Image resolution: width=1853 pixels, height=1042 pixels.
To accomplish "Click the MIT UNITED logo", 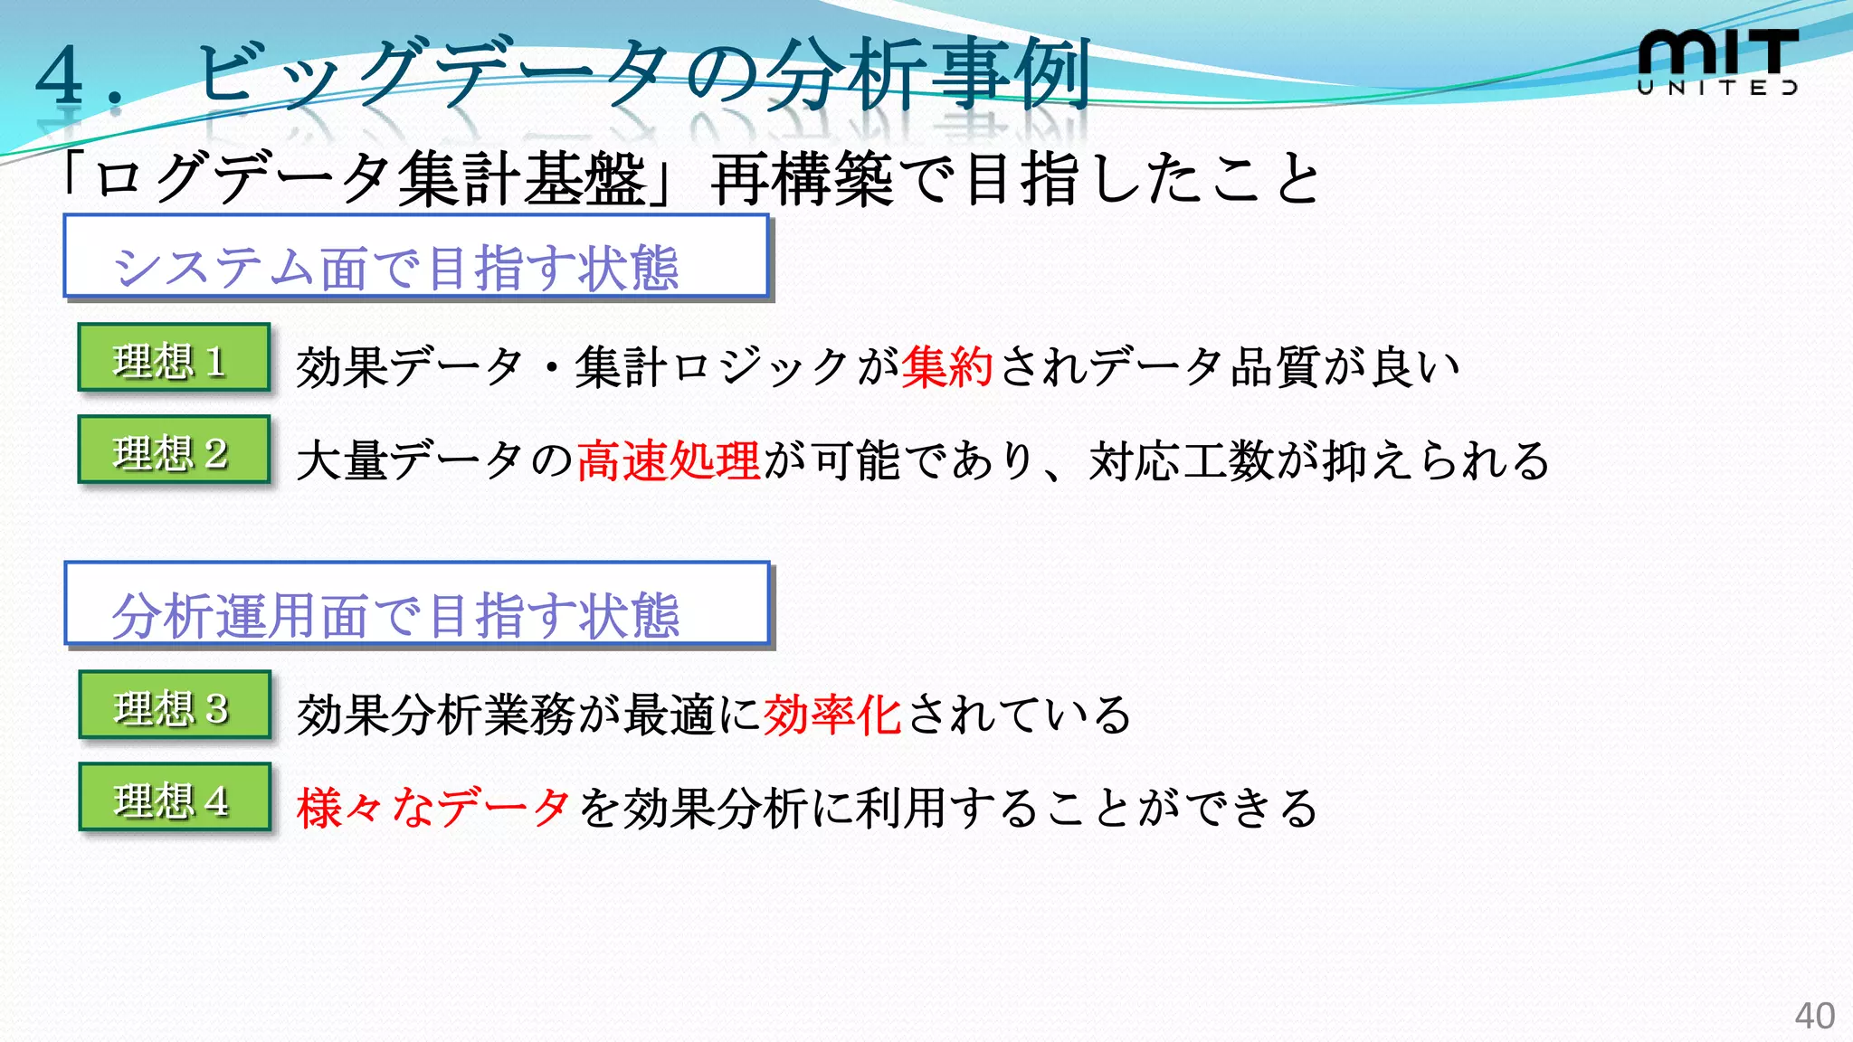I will click(x=1716, y=61).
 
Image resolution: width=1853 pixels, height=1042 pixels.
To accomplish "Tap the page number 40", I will click(x=1814, y=1016).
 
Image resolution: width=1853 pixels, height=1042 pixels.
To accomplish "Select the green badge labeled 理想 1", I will click(x=174, y=358).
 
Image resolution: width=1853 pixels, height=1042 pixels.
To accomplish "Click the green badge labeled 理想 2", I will click(x=174, y=450).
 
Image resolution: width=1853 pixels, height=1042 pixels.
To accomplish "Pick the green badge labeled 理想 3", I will click(x=175, y=706).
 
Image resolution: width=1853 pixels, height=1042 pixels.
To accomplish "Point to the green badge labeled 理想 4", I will click(x=175, y=798).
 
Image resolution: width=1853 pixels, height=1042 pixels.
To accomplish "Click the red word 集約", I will click(x=947, y=366).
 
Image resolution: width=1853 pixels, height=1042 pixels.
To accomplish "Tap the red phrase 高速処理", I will click(x=668, y=459).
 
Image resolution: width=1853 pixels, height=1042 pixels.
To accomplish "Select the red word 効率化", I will click(x=832, y=715).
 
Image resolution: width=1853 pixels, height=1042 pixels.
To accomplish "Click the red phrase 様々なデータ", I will click(x=432, y=807).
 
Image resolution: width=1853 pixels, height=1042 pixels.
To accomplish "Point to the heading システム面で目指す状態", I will click(x=396, y=268).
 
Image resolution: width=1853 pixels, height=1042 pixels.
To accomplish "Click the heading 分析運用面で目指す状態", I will click(x=396, y=615).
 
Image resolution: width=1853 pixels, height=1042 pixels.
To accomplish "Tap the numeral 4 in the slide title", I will click(x=60, y=77).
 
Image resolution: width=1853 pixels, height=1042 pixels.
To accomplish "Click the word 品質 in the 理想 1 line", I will click(x=1276, y=366).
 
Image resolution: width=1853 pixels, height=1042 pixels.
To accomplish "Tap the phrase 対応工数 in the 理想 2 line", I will click(x=1182, y=459).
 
